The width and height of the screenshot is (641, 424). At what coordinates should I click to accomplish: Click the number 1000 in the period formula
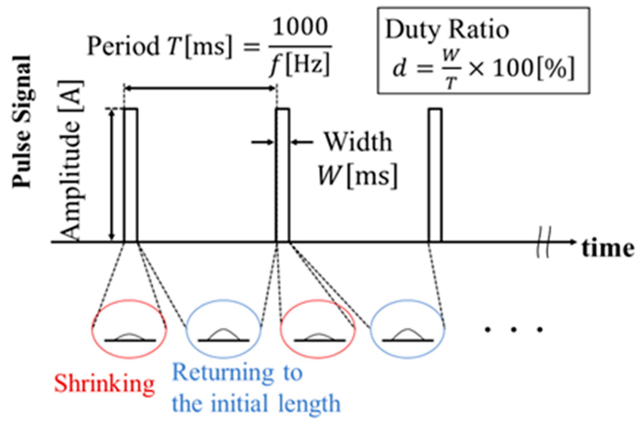300,27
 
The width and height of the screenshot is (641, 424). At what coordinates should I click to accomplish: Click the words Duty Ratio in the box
447,30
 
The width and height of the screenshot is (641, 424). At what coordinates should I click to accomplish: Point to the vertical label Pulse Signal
22,121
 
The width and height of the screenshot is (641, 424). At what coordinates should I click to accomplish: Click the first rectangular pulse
131,175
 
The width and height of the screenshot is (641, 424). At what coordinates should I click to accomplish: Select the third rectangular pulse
435,175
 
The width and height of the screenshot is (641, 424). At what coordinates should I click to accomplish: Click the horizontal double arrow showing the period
200,88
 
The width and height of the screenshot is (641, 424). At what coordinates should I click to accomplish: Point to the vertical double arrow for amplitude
112,175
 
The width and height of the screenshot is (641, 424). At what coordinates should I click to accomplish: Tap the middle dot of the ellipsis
514,330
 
